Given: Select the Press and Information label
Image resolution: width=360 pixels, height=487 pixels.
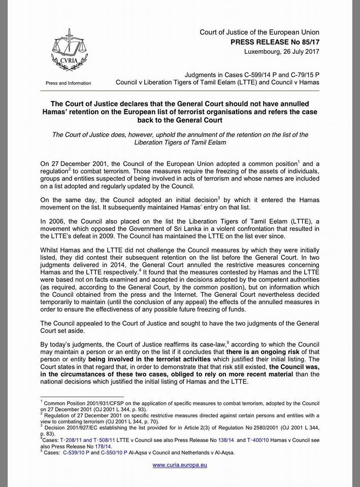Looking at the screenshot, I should coord(69,83).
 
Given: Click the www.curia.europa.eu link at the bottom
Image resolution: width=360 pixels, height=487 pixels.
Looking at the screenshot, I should coord(180,465).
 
